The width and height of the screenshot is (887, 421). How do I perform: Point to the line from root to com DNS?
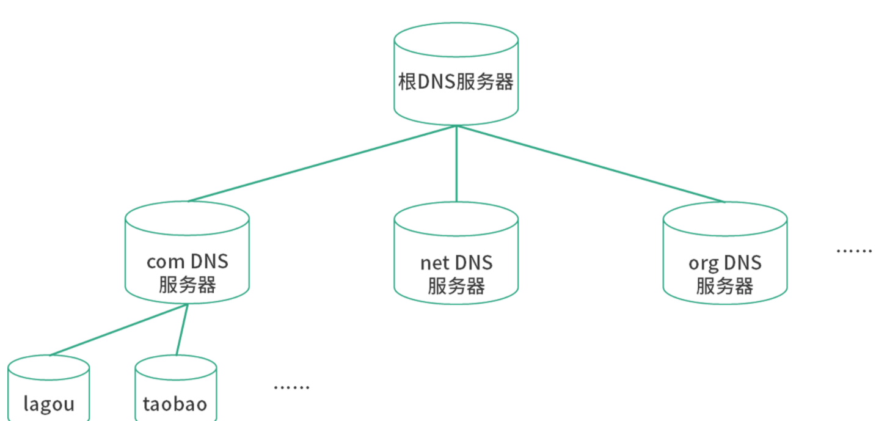(322, 163)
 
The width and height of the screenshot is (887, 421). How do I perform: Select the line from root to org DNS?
(591, 163)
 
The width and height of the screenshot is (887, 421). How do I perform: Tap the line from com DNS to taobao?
(182, 329)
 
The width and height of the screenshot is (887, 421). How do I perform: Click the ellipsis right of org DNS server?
(853, 251)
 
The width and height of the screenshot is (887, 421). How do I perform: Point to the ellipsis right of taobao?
(291, 387)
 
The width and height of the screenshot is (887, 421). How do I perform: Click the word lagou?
(49, 404)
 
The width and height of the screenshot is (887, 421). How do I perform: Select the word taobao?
(175, 404)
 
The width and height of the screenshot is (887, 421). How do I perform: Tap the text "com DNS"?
(187, 262)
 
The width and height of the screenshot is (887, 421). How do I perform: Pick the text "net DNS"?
(456, 263)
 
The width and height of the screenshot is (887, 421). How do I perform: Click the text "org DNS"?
(725, 263)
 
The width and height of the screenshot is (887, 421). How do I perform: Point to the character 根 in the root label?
(407, 82)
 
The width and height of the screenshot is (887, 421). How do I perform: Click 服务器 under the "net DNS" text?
(456, 285)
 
